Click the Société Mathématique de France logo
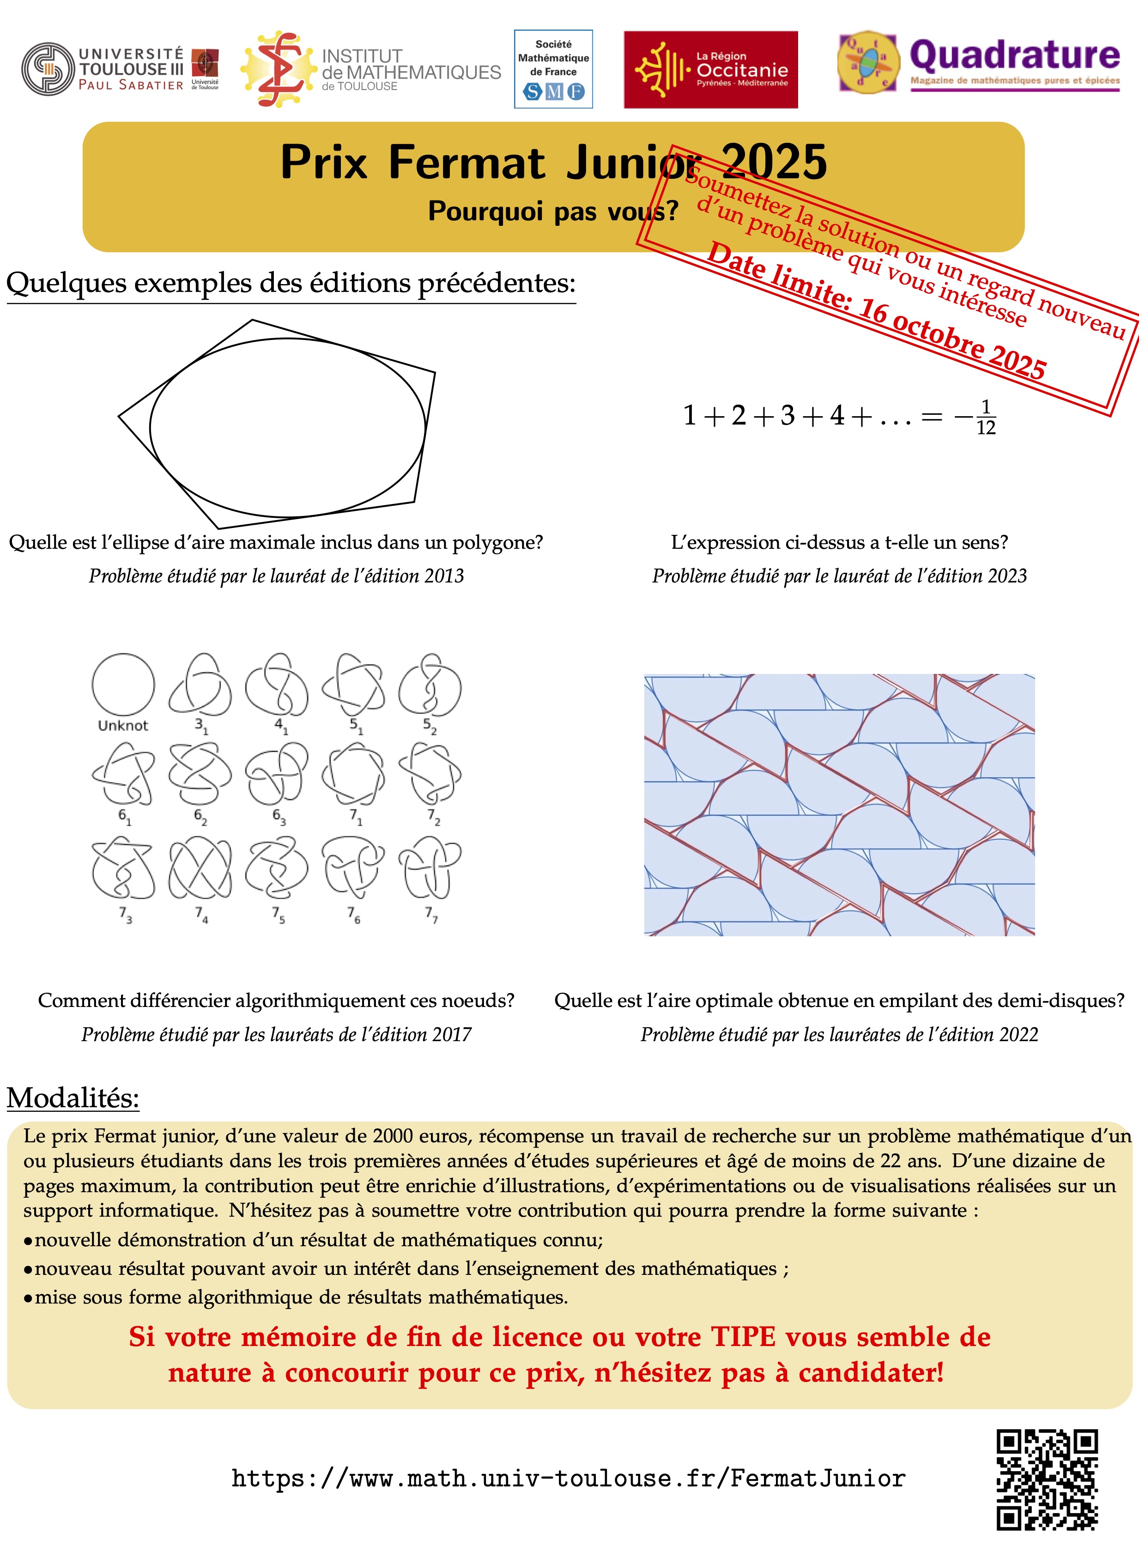pyautogui.click(x=553, y=69)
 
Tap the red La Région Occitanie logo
pyautogui.click(x=710, y=70)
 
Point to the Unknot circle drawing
pyautogui.click(x=123, y=685)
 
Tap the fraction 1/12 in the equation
pyautogui.click(x=986, y=418)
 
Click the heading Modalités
pyautogui.click(x=73, y=1098)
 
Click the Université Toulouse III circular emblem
pyautogui.click(x=48, y=69)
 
